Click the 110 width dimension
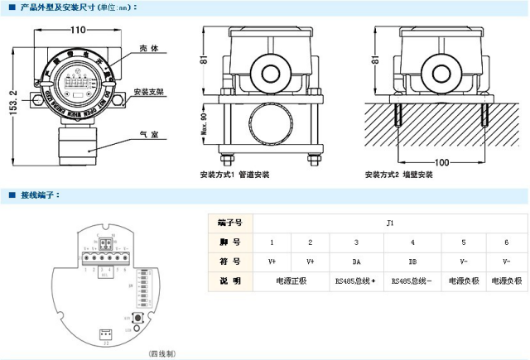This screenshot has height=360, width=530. pyautogui.click(x=79, y=29)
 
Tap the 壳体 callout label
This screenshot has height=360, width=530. pyautogui.click(x=148, y=49)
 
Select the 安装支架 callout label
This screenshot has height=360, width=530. pyautogui.click(x=146, y=91)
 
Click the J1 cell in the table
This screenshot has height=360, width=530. pyautogui.click(x=388, y=222)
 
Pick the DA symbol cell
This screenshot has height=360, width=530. pyautogui.click(x=355, y=261)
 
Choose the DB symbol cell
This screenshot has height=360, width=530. pyautogui.click(x=412, y=261)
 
